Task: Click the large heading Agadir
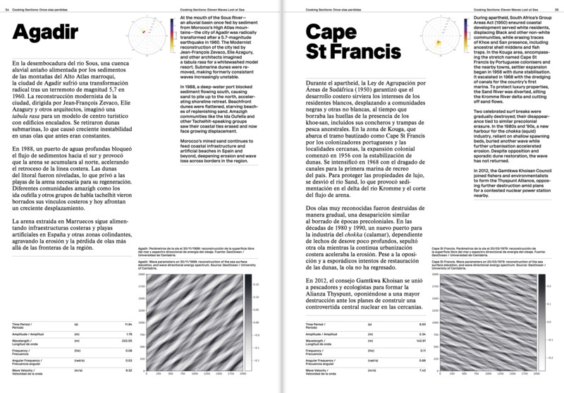(50, 34)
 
